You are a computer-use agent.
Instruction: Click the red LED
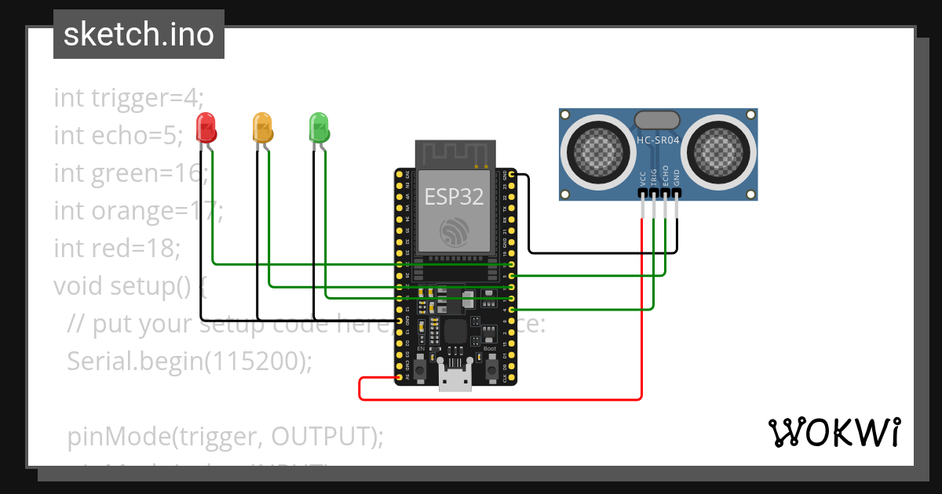point(206,128)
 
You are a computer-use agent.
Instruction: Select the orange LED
point(262,127)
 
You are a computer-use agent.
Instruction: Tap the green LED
point(319,127)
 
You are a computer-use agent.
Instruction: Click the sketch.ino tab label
point(139,35)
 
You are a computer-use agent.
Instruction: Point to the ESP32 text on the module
point(455,196)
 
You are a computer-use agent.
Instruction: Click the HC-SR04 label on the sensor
point(658,140)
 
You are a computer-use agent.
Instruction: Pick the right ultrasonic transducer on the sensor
point(717,147)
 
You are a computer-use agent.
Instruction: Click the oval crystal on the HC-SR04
point(656,120)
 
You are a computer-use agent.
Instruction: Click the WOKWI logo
point(834,432)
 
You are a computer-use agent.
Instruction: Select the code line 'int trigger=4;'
point(129,98)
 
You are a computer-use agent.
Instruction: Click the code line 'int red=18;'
point(118,249)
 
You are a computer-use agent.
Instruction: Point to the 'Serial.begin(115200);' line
point(190,361)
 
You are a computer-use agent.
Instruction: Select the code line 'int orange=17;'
point(139,211)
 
